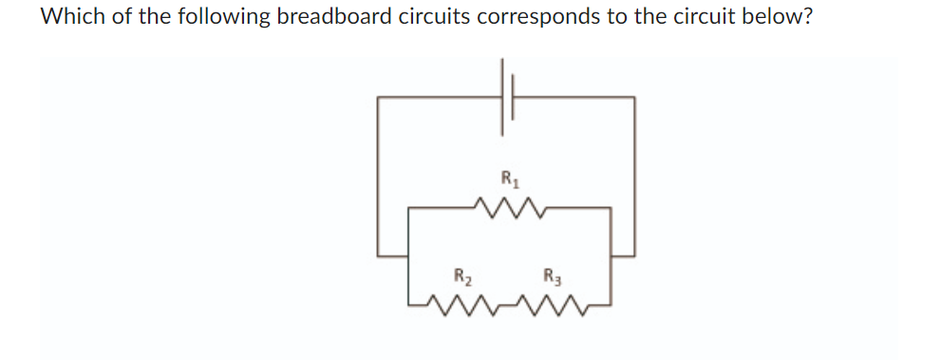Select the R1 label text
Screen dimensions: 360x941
(x=507, y=177)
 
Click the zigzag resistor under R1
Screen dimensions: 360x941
(x=507, y=207)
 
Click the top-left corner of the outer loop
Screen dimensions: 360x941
(x=379, y=96)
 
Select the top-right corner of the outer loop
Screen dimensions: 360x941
(x=634, y=96)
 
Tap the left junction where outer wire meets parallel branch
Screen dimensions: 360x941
(x=408, y=255)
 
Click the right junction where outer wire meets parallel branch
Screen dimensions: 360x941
(x=611, y=255)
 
